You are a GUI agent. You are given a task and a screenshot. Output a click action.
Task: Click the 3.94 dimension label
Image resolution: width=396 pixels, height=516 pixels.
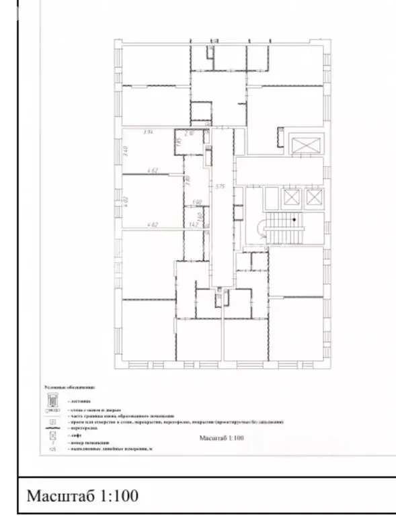tap(149, 132)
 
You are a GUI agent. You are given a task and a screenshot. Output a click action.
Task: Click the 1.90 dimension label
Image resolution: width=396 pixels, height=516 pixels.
tap(197, 202)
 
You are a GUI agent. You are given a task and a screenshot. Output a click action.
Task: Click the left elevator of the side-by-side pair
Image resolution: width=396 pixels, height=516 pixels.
tap(291, 198)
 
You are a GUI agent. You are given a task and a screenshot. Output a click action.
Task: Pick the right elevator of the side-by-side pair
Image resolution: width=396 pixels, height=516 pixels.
tap(314, 198)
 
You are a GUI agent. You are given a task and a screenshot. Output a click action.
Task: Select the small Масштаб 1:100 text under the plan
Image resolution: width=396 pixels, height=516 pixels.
tap(221, 438)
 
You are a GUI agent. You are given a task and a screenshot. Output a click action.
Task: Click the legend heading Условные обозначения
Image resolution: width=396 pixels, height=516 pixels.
tap(70, 388)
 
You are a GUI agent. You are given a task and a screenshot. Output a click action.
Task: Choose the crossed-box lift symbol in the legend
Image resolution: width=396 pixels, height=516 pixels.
tap(52, 435)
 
